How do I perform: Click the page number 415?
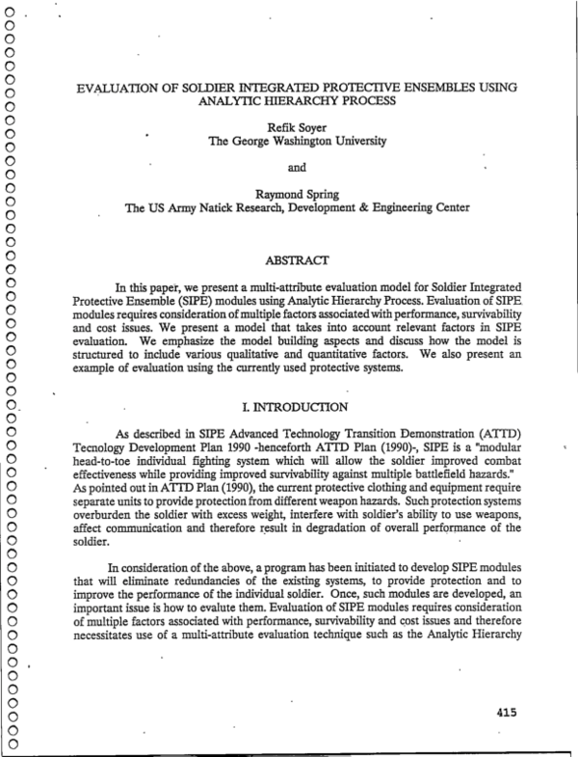pos(501,713)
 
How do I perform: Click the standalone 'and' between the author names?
pos(297,166)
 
